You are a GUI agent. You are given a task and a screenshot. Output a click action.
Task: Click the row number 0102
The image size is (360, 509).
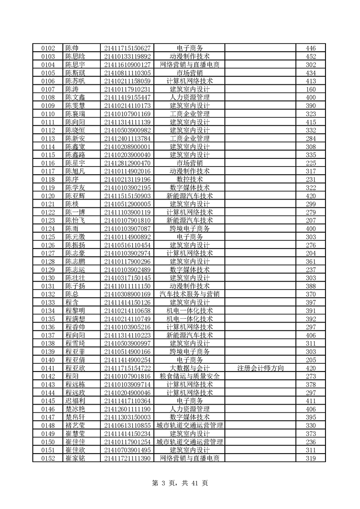pyautogui.click(x=48, y=49)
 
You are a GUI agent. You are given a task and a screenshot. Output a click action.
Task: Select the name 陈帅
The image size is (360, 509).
pyautogui.click(x=72, y=49)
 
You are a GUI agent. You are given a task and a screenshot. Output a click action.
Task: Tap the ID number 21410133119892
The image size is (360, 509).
pyautogui.click(x=127, y=57)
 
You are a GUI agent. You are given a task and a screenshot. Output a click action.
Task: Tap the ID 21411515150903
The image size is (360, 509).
pyautogui.click(x=127, y=196)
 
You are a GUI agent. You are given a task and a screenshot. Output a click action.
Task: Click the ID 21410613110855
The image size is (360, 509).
pyautogui.click(x=127, y=425)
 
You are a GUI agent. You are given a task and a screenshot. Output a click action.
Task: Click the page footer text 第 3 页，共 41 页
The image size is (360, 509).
pyautogui.click(x=180, y=483)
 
